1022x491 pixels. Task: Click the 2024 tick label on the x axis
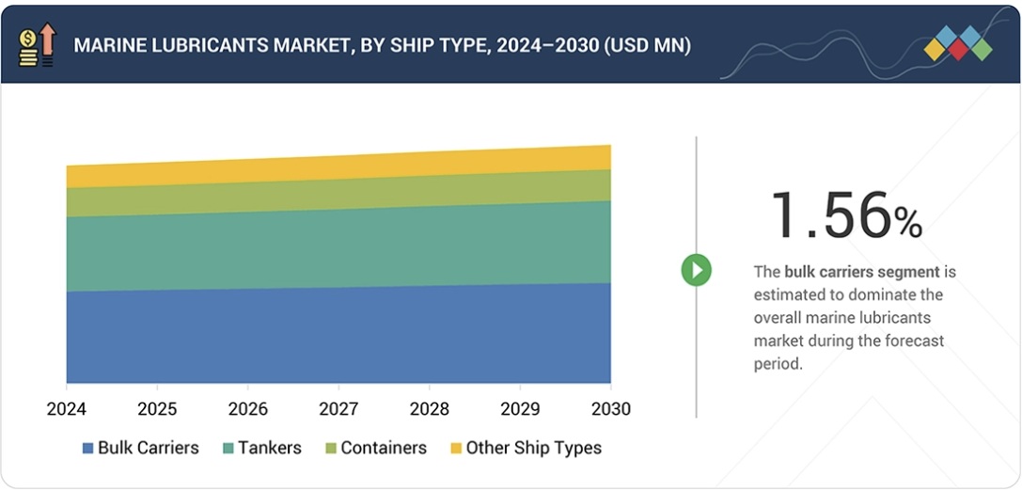pos(67,409)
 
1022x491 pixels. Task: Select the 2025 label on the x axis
pos(157,409)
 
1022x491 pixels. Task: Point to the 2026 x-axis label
pos(247,409)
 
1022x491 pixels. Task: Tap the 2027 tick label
pos(338,409)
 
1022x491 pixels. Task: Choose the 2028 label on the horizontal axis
pos(429,409)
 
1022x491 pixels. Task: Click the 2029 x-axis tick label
pos(520,409)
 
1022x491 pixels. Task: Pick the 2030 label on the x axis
pos(610,409)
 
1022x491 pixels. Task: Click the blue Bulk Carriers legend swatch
pos(88,449)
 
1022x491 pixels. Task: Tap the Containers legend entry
pos(374,449)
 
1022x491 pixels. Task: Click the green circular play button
pos(697,271)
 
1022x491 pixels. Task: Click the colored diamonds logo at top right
pos(957,43)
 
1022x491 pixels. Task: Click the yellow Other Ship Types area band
pos(338,166)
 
